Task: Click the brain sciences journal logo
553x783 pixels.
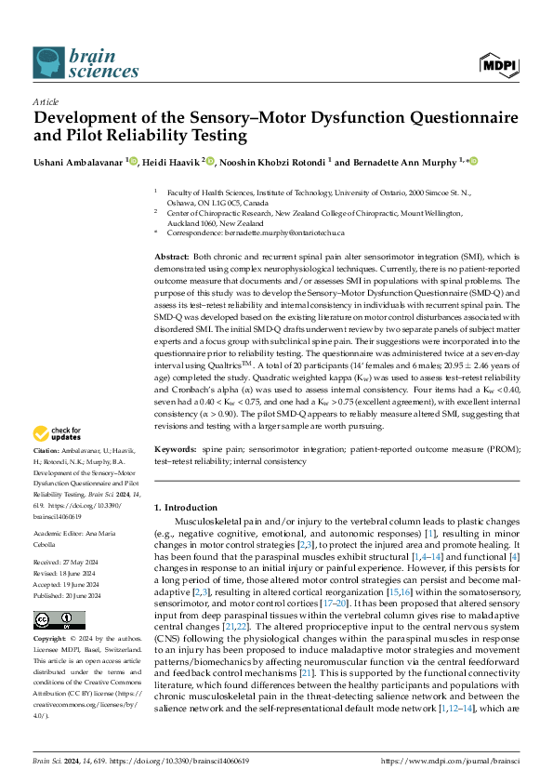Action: coord(74,62)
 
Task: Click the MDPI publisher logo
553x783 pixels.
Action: coord(497,64)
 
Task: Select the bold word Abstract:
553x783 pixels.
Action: coord(170,256)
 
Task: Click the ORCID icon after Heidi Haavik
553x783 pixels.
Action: coord(212,162)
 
